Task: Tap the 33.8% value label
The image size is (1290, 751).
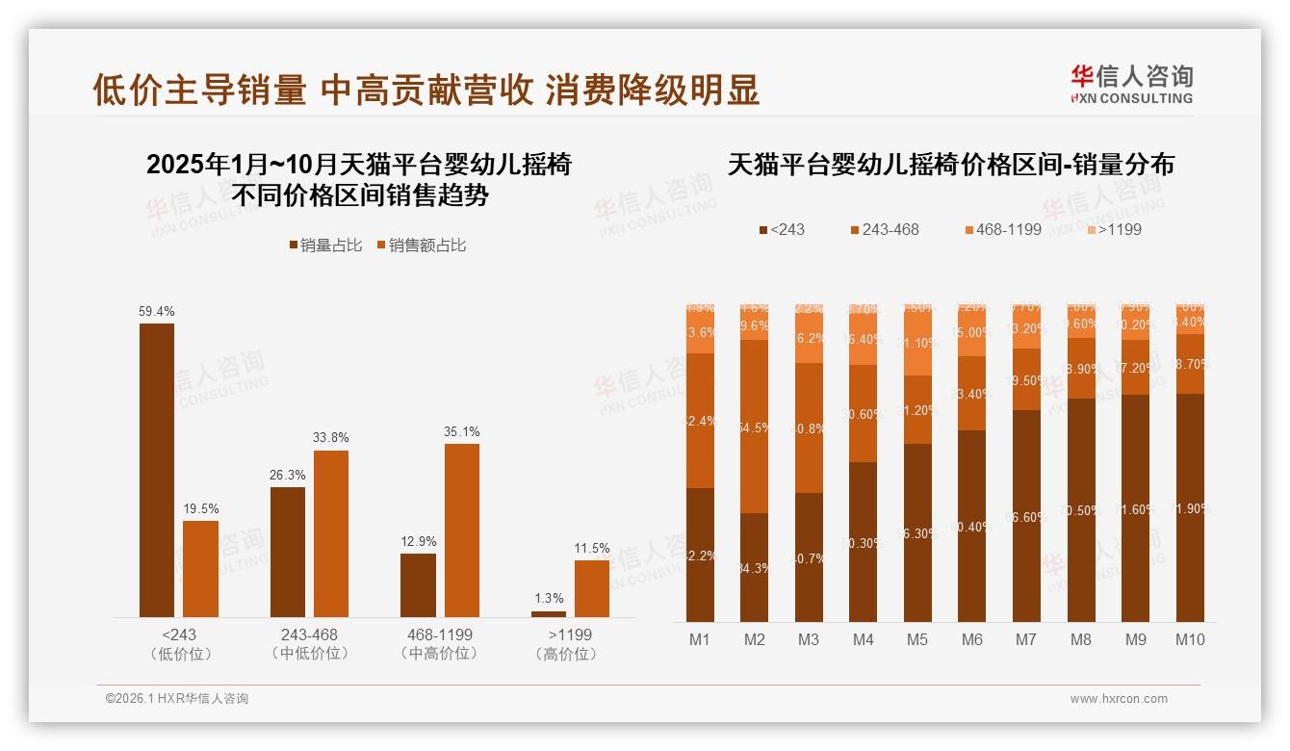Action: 330,438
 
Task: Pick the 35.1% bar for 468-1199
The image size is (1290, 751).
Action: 461,530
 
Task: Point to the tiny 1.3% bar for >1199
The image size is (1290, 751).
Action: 549,613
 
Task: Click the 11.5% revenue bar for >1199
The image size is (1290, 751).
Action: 592,588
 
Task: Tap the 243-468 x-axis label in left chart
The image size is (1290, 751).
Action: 309,635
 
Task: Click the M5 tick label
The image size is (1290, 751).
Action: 917,639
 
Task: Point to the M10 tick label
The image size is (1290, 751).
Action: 1190,639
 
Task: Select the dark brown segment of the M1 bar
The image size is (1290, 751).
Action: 700,555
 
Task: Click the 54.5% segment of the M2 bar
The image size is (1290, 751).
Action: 755,427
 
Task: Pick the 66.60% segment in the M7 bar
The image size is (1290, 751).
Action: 1027,516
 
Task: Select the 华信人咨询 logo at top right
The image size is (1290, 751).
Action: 1131,84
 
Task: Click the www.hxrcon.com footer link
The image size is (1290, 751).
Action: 1119,699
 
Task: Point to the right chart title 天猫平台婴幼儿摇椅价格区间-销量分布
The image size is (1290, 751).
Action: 950,165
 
